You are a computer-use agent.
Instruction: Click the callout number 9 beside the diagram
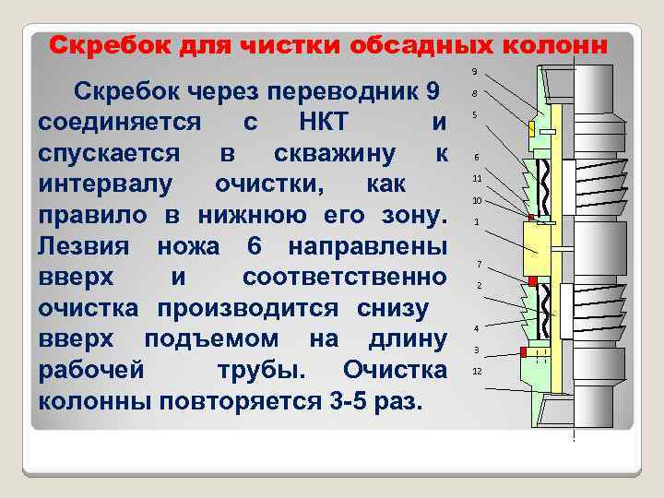(x=475, y=72)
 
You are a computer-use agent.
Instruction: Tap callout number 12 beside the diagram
(x=477, y=371)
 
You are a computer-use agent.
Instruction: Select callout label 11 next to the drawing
(x=477, y=178)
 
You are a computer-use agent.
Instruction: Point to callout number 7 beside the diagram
(x=479, y=266)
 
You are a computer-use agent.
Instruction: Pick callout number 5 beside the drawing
(x=474, y=115)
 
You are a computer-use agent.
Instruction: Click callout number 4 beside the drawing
(x=476, y=328)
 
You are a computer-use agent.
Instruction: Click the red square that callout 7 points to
(x=532, y=280)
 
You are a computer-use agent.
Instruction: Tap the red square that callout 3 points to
(x=525, y=352)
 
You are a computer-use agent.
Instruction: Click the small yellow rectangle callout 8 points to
(x=532, y=126)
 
